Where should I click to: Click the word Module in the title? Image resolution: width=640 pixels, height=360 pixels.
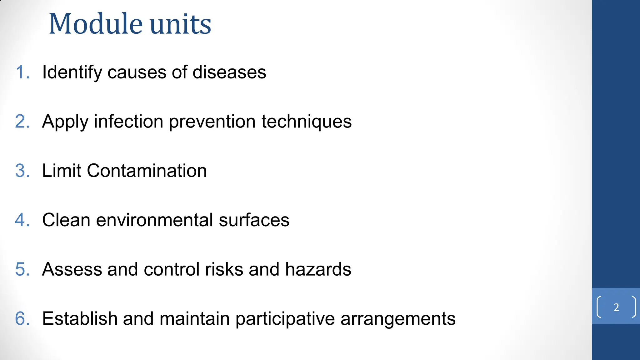(x=96, y=24)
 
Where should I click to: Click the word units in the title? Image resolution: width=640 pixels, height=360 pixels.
(x=180, y=24)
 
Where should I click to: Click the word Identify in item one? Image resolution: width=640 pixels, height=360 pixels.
(x=72, y=72)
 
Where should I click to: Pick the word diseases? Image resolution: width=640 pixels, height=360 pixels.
(x=229, y=72)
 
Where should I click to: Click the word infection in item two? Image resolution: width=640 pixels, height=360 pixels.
(x=128, y=121)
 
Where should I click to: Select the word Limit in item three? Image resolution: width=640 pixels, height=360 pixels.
(x=62, y=171)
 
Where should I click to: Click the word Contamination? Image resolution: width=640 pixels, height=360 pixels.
(x=147, y=171)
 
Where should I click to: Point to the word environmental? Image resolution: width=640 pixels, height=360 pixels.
(x=155, y=220)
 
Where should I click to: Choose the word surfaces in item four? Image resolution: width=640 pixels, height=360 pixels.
(x=254, y=220)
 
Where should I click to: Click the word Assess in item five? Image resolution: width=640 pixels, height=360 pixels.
(x=72, y=269)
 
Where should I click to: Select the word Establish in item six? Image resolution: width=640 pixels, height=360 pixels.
(x=80, y=319)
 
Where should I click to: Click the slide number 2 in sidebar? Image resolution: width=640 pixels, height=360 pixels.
(x=616, y=307)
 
